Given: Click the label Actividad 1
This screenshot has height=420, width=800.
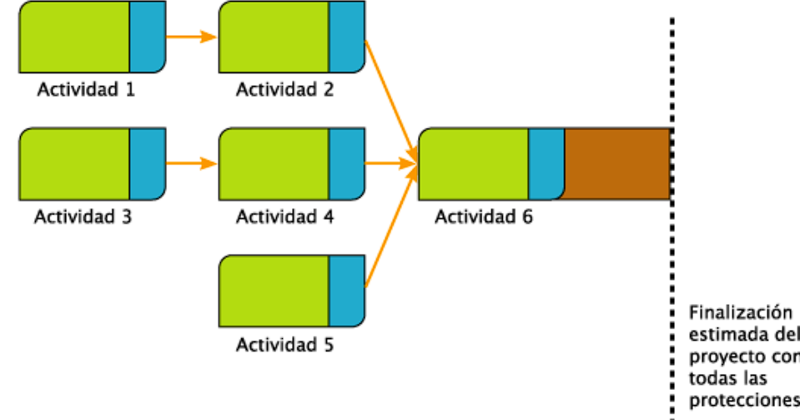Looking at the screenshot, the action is tap(86, 89).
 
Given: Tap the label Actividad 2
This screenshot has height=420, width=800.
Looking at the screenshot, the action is tap(284, 89).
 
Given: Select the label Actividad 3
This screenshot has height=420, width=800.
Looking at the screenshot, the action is tap(83, 216).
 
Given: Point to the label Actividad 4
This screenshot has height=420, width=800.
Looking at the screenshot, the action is tap(284, 216).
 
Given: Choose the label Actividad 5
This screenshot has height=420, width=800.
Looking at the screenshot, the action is tap(284, 345).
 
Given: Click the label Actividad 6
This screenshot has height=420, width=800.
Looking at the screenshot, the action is tap(484, 216).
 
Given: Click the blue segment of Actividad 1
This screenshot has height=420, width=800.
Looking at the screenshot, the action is tap(148, 37).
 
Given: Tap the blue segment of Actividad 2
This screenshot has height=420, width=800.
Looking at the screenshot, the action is tap(347, 37).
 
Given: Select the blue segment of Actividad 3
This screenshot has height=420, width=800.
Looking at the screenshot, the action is tap(148, 164).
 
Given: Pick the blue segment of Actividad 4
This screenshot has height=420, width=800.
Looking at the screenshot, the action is tap(347, 164).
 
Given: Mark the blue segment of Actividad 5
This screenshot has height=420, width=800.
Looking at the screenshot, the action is tap(347, 291).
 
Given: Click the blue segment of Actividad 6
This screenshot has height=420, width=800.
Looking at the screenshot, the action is tap(546, 164).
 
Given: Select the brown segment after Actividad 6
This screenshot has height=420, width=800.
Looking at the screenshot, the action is tap(617, 164).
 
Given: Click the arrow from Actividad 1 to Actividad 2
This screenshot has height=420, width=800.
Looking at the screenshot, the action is tap(192, 37).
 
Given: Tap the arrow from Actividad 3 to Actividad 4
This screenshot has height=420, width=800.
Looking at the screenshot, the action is tap(192, 164).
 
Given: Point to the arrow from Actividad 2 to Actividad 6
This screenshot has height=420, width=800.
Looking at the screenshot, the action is tap(390, 97).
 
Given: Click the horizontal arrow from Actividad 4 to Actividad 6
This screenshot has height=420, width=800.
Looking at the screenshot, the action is tap(391, 164).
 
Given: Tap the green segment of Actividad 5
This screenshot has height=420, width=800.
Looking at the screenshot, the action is tap(274, 291).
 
